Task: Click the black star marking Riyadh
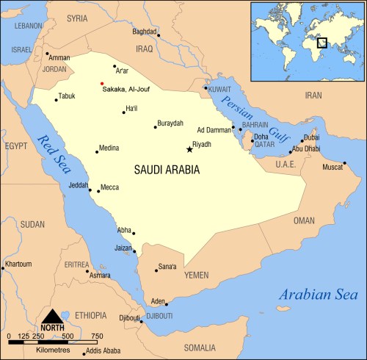[x=189, y=150]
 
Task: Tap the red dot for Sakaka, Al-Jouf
[x=102, y=83]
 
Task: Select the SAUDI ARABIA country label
[x=167, y=169]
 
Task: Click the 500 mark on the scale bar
[x=67, y=336]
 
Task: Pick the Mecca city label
[x=110, y=187]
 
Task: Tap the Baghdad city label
[x=145, y=32]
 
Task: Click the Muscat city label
[x=335, y=166]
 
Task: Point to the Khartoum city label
[x=18, y=263]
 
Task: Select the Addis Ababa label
[x=104, y=351]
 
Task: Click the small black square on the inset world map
[x=321, y=43]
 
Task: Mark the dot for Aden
[x=167, y=304]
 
